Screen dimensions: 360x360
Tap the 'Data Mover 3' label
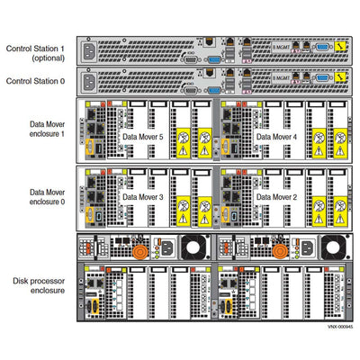pyautogui.click(x=143, y=195)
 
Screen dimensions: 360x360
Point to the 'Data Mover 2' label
pyautogui.click(x=277, y=195)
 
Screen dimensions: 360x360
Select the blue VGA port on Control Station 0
pyautogui.click(x=212, y=88)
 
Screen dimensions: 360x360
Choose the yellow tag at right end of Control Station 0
pyautogui.click(x=342, y=81)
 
